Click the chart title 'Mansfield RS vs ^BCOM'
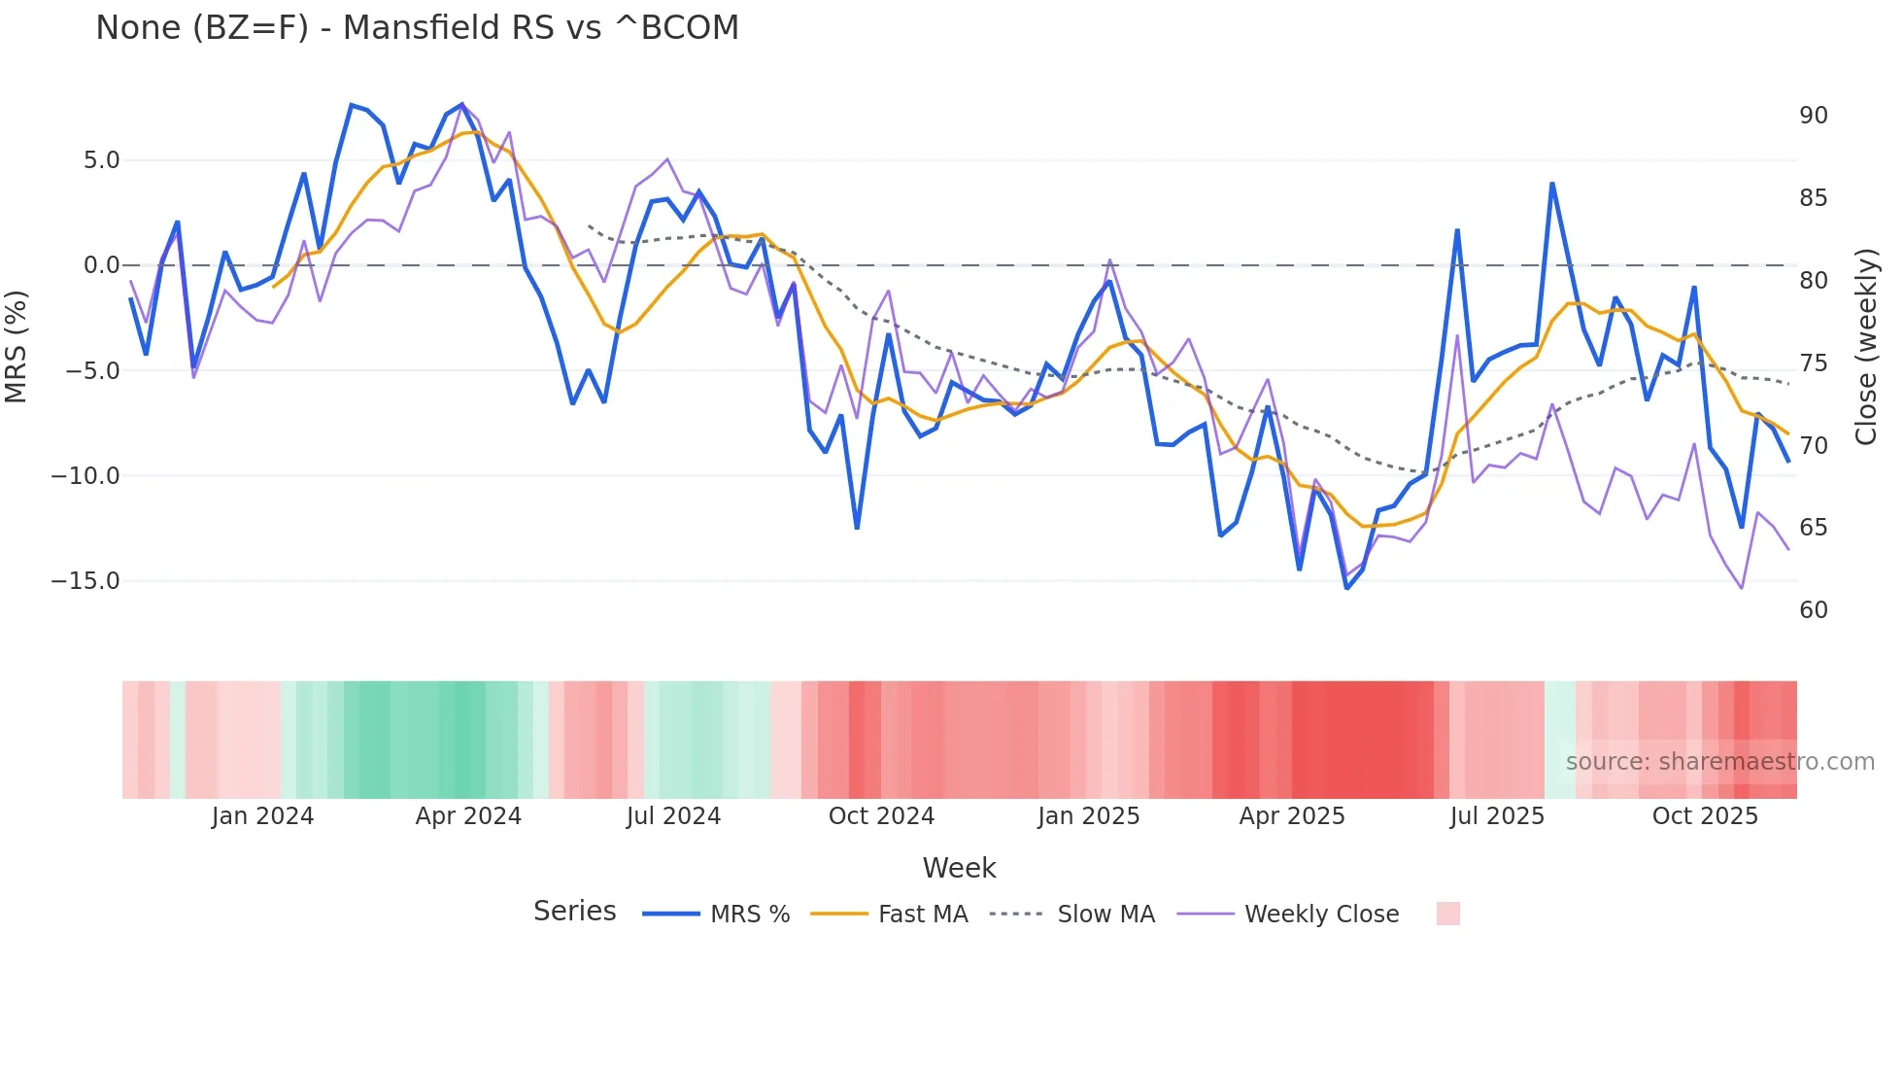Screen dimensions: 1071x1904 click(x=417, y=28)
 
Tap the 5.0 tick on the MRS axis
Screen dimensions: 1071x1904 click(x=101, y=160)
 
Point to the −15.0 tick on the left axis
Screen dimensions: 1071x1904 click(x=85, y=581)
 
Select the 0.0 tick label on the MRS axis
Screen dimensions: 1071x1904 click(x=101, y=265)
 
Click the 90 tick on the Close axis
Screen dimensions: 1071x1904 click(x=1813, y=116)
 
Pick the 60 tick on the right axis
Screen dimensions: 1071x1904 click(x=1813, y=610)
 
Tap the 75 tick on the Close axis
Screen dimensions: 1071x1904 click(x=1813, y=363)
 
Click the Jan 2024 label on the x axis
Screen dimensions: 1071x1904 click(x=262, y=816)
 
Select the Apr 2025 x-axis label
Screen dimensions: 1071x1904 click(x=1291, y=816)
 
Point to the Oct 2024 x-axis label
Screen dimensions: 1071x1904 click(x=881, y=816)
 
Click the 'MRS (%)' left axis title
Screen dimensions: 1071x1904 click(x=17, y=346)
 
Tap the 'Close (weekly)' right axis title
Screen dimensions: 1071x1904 click(x=1866, y=347)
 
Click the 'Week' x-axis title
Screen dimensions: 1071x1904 click(x=959, y=868)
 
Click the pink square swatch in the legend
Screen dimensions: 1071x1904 click(x=1447, y=914)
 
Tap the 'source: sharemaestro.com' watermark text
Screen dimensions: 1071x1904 click(x=1719, y=762)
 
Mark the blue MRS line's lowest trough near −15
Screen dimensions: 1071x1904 click(x=1346, y=588)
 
